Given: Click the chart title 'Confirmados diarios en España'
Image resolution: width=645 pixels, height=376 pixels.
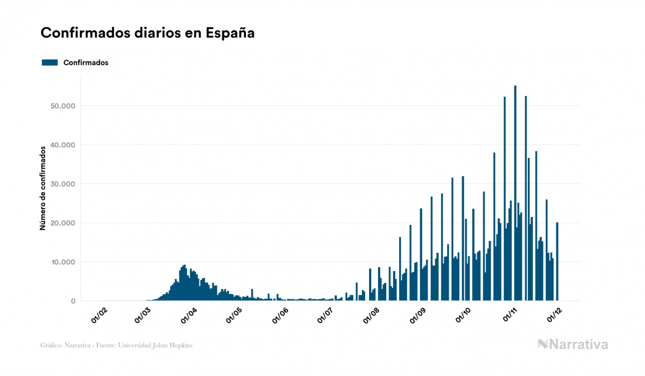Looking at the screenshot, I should [148, 33].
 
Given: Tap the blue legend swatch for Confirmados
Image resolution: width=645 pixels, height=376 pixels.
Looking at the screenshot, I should [50, 62].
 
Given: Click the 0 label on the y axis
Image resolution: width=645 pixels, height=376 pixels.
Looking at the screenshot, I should [72, 301].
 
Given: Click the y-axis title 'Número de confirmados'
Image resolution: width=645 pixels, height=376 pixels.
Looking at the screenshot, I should [42, 189].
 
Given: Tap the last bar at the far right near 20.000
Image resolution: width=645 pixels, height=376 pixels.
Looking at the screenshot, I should [557, 262].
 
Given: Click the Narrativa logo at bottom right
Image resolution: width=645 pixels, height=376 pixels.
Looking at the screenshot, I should [573, 344].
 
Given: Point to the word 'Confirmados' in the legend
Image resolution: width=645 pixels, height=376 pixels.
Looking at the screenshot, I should [86, 62].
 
